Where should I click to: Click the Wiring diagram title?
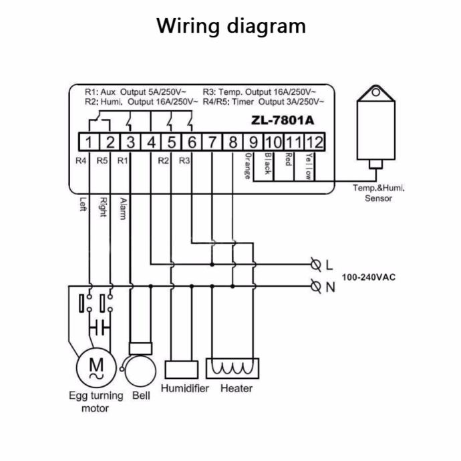coord(231,27)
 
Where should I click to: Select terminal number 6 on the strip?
coord(191,142)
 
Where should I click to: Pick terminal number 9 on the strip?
coord(253,142)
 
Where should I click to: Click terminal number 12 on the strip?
coord(315,142)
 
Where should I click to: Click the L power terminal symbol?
coord(316,264)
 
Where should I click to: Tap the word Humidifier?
coord(185,388)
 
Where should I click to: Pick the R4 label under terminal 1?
coord(82,160)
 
